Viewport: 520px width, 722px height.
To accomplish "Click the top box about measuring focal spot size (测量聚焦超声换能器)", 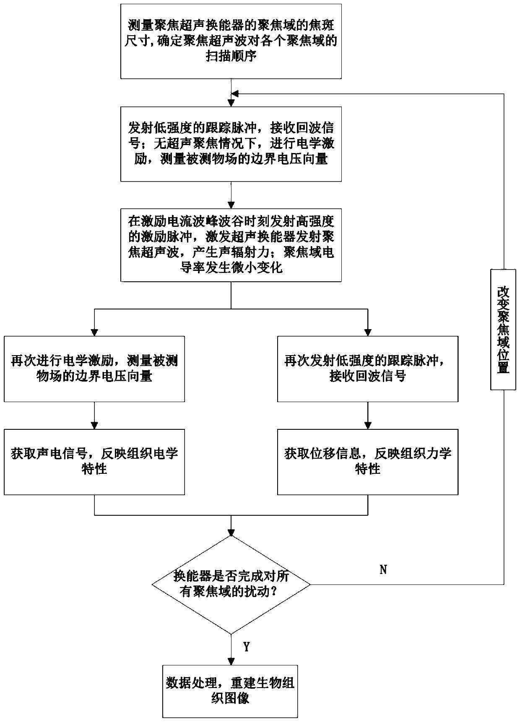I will click(231, 41).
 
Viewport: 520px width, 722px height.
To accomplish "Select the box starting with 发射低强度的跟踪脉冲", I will click(231, 144).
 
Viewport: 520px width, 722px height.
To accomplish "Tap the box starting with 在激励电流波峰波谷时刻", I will click(231, 245).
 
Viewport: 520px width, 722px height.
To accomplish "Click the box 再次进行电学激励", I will click(94, 369).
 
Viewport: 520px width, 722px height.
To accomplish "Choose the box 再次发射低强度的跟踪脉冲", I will click(368, 369).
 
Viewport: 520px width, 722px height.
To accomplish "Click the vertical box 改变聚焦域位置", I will click(503, 330).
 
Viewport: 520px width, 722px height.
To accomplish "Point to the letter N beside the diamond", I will click(383, 569).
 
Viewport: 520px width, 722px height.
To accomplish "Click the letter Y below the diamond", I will click(247, 647).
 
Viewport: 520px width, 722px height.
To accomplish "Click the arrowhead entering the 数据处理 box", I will click(231, 661).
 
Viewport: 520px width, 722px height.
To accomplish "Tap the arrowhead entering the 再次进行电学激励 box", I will click(94, 332).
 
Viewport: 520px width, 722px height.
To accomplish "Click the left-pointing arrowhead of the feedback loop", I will click(235, 93).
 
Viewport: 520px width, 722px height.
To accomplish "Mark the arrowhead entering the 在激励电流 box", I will click(231, 205).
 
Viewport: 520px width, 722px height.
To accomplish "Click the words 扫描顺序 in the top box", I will click(231, 57).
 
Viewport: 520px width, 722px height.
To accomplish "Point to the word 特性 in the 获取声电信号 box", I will click(94, 469).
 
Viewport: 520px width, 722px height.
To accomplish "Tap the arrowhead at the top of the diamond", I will click(231, 531).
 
